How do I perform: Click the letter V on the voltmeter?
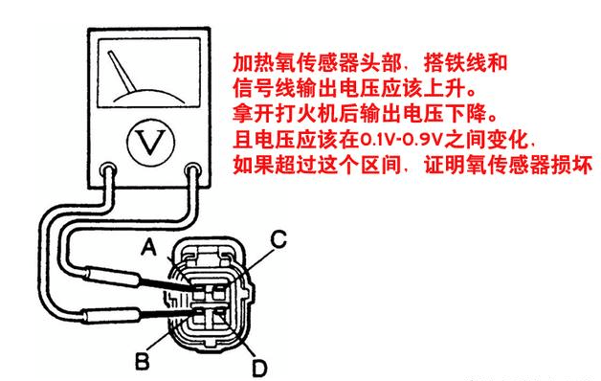point(150,142)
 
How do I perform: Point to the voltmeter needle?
point(122,72)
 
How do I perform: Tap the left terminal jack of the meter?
point(108,170)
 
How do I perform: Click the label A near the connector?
point(149,246)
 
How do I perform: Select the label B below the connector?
point(143,361)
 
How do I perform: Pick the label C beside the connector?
point(278,239)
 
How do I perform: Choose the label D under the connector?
point(259,369)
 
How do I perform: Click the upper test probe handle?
point(111,276)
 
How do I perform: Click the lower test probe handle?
point(110,316)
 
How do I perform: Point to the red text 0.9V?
point(424,141)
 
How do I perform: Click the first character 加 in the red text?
point(243,63)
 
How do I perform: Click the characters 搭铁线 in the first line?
point(455,63)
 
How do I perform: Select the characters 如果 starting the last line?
point(254,166)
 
